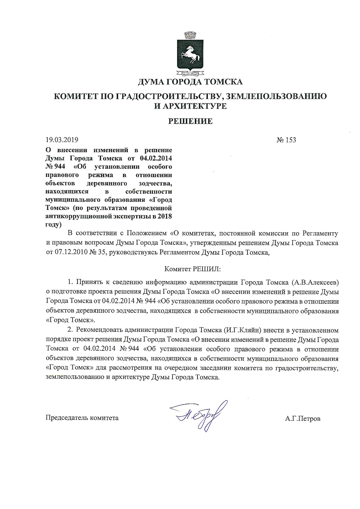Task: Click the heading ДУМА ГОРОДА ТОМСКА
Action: coord(190,82)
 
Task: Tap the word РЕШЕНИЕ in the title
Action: coord(190,121)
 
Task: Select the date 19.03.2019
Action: coord(62,140)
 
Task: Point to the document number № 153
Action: coord(286,140)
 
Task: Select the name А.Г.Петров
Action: coord(303,419)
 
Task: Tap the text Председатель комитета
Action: coord(82,418)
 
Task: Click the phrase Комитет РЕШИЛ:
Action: coord(193,269)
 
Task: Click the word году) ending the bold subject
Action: coord(53,224)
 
